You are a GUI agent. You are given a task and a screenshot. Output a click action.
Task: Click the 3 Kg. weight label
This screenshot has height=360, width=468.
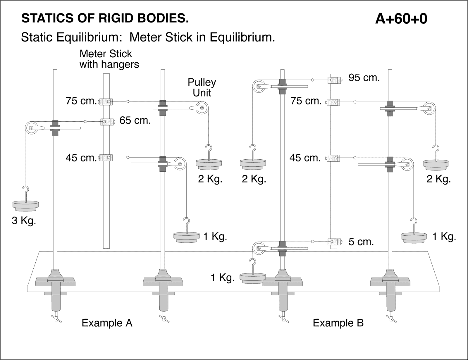pos(24,221)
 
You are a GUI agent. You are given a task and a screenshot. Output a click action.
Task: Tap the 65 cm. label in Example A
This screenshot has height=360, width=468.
pos(135,120)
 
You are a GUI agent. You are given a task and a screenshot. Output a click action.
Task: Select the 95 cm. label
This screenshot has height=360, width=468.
pos(364,78)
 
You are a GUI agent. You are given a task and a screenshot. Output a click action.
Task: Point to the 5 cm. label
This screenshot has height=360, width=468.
pos(361,242)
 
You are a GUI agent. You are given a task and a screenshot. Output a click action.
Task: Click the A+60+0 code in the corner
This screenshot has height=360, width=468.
pos(401,19)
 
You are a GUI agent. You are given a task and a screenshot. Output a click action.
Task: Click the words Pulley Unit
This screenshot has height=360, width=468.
pos(202,87)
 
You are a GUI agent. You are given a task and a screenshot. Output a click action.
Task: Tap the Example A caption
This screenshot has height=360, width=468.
pos(107,323)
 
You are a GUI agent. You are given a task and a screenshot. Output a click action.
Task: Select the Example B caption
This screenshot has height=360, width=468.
pos(338,323)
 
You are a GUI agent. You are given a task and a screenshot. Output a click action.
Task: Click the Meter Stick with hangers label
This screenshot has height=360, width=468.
pos(109,59)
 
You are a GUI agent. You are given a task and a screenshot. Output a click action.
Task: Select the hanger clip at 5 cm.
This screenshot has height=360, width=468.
pos(333,242)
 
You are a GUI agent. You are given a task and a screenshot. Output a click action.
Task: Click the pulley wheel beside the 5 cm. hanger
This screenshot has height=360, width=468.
pos(259,248)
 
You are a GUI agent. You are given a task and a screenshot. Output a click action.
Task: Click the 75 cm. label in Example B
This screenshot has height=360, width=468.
pos(306,101)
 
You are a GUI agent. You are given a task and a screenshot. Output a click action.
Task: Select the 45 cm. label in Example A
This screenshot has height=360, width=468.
pos(81,158)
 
